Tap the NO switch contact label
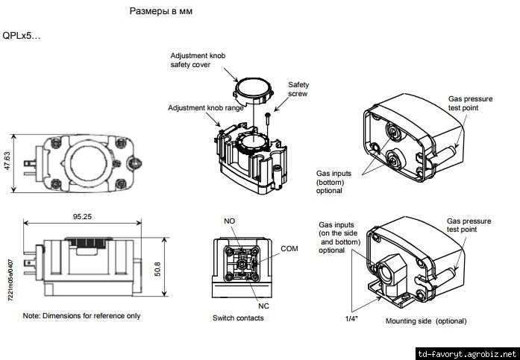tap(230, 222)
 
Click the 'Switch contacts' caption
tap(238, 318)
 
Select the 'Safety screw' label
tap(298, 89)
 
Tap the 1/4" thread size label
tap(351, 319)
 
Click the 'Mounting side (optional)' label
tap(426, 321)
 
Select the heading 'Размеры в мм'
tap(166, 13)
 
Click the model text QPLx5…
tap(22, 36)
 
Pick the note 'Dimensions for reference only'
tap(81, 315)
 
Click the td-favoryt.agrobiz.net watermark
tap(466, 353)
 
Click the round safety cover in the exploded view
tap(251, 92)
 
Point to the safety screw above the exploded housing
tap(267, 116)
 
